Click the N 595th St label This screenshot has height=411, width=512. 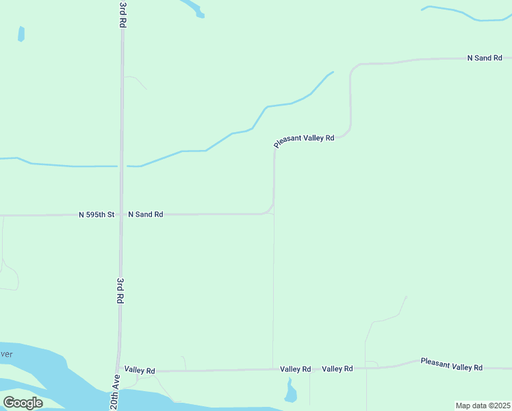96,214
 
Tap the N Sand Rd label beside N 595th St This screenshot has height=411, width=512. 146,214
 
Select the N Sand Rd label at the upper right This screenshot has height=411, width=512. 485,58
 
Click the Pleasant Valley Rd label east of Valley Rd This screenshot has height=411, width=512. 452,364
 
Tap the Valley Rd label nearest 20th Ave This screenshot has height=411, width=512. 140,371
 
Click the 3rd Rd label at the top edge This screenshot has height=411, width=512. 123,14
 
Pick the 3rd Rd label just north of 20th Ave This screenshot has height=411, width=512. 120,291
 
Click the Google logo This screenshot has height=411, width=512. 23,403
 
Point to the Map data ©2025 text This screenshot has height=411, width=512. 482,406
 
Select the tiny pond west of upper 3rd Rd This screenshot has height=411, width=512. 21,34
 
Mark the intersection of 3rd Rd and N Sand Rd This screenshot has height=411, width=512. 121,214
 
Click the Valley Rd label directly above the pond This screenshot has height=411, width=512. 296,369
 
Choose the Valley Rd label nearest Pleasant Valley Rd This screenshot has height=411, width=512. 337,369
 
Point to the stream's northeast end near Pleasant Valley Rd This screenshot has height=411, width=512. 332,72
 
